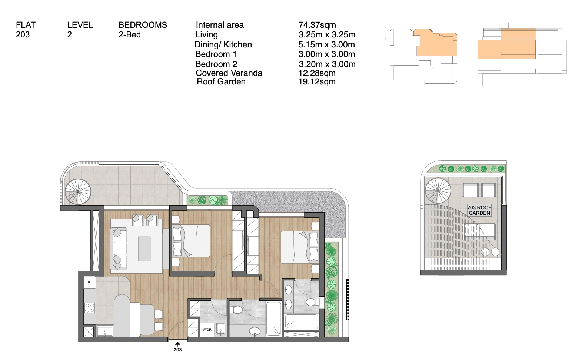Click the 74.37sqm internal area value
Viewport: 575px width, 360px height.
[x=317, y=25]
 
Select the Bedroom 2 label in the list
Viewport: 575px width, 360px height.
[x=216, y=64]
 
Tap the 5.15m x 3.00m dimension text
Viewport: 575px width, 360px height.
[x=326, y=44]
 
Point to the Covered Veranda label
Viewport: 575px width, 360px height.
[x=229, y=73]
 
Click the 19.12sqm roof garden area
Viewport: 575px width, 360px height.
[x=317, y=81]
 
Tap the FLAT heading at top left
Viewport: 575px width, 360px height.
[x=26, y=25]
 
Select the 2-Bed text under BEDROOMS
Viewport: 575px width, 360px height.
[x=130, y=35]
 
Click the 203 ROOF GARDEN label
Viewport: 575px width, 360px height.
[x=479, y=210]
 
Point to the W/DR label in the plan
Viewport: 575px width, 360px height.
[x=207, y=330]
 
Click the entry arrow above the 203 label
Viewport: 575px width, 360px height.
[x=177, y=344]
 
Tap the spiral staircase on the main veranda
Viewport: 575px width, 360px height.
[x=78, y=192]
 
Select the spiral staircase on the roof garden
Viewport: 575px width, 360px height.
[x=438, y=191]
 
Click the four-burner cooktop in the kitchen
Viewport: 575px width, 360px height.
[x=90, y=308]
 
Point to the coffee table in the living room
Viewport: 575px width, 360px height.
[x=144, y=249]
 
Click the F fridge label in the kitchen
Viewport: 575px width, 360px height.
[x=90, y=282]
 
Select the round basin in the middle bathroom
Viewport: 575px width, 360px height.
[x=255, y=331]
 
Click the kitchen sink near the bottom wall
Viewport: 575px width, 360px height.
[x=105, y=331]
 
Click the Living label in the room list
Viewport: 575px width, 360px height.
[x=207, y=35]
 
